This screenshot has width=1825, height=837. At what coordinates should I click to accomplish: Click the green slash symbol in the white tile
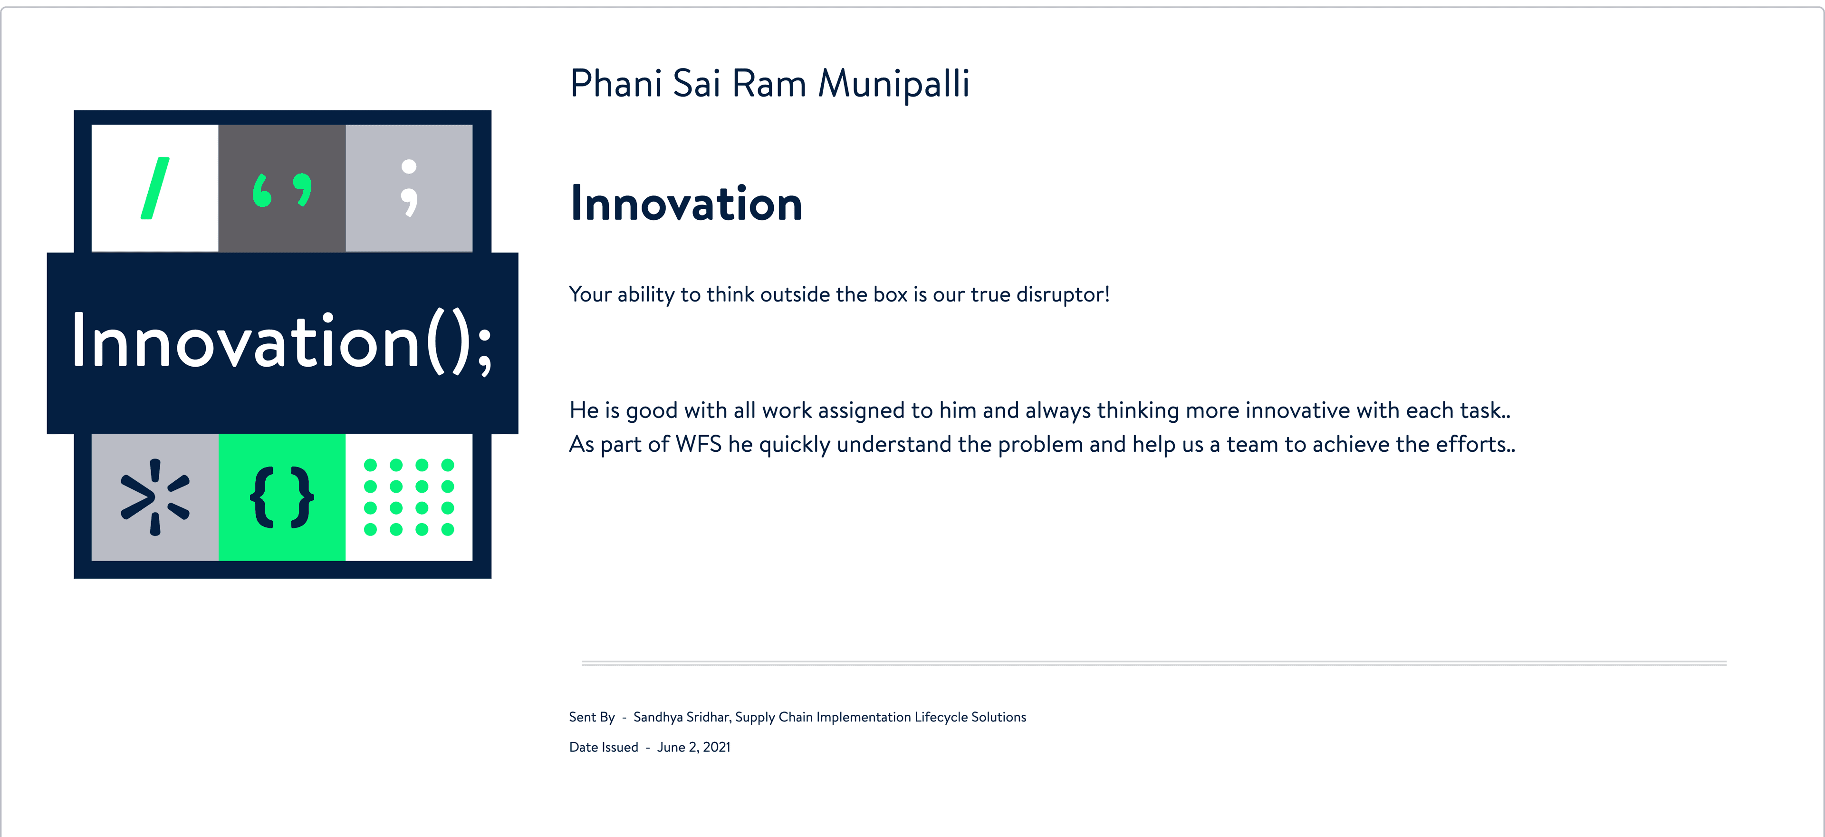pyautogui.click(x=155, y=188)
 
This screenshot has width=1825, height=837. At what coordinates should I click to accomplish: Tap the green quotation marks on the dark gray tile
pyautogui.click(x=282, y=190)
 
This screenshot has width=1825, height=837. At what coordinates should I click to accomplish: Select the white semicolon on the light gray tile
pyautogui.click(x=409, y=188)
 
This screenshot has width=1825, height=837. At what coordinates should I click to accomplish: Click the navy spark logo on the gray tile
pyautogui.click(x=155, y=497)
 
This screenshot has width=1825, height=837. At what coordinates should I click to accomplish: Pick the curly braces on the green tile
pyautogui.click(x=282, y=497)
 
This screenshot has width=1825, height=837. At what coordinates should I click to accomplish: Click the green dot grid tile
pyautogui.click(x=409, y=497)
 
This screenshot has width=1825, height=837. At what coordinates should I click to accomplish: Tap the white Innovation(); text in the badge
pyautogui.click(x=282, y=343)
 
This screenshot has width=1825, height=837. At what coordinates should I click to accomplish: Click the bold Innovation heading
pyautogui.click(x=686, y=204)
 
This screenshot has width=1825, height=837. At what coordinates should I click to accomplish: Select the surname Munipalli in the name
pyautogui.click(x=893, y=84)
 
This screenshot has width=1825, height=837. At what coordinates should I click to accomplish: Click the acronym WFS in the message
pyautogui.click(x=698, y=444)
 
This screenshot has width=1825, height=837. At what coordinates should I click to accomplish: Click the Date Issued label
pyautogui.click(x=604, y=747)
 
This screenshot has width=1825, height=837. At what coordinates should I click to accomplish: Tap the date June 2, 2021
pyautogui.click(x=693, y=747)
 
